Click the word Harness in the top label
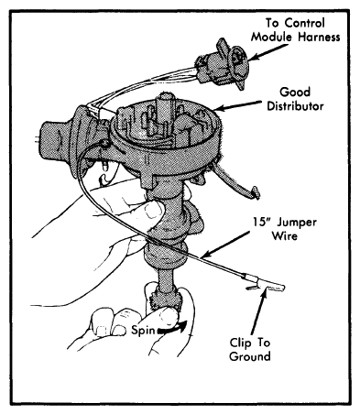pyautogui.click(x=319, y=37)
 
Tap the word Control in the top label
pyautogui.click(x=300, y=23)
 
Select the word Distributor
pyautogui.click(x=295, y=106)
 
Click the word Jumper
pyautogui.click(x=297, y=223)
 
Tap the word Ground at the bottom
pyautogui.click(x=250, y=356)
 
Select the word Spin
pyautogui.click(x=143, y=331)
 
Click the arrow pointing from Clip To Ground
pyautogui.click(x=259, y=311)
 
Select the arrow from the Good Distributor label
pyautogui.click(x=237, y=105)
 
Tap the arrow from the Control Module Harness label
pyautogui.click(x=267, y=52)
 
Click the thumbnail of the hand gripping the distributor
pyautogui.click(x=153, y=211)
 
